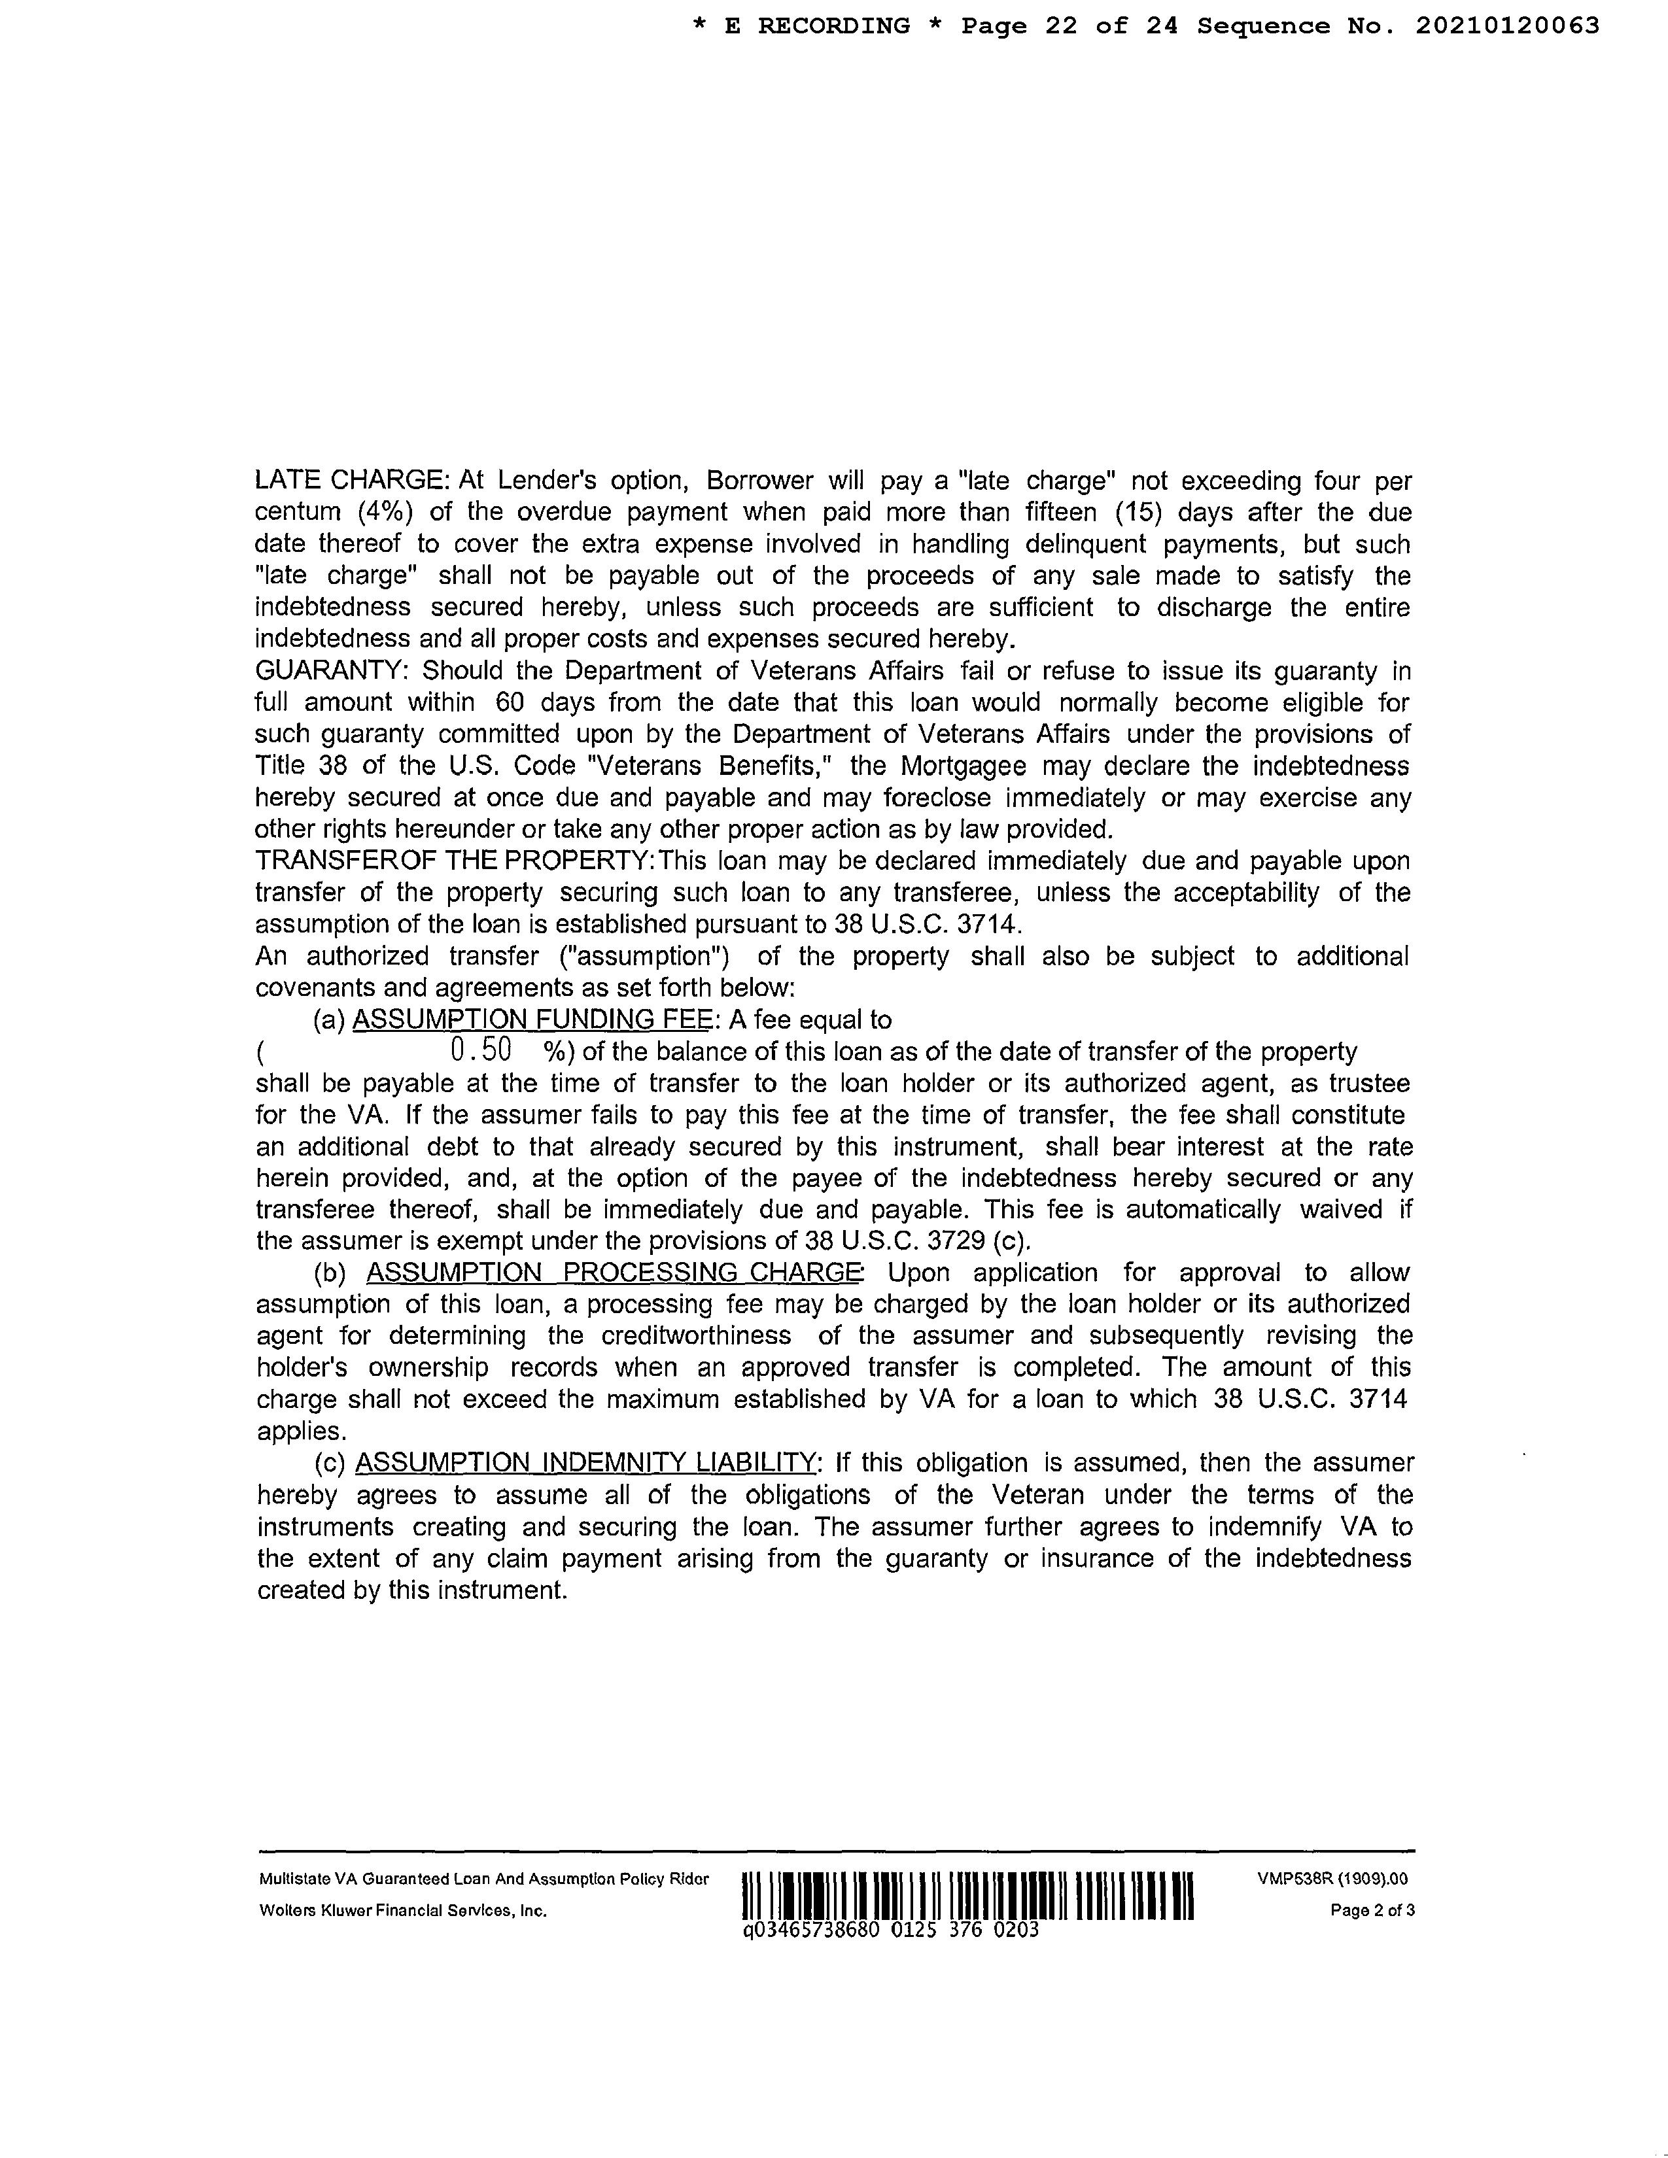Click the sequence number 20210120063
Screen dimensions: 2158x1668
pyautogui.click(x=1507, y=27)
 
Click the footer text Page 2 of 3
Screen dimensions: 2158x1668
pyautogui.click(x=1372, y=1911)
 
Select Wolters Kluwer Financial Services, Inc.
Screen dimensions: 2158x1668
pyautogui.click(x=403, y=1911)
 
